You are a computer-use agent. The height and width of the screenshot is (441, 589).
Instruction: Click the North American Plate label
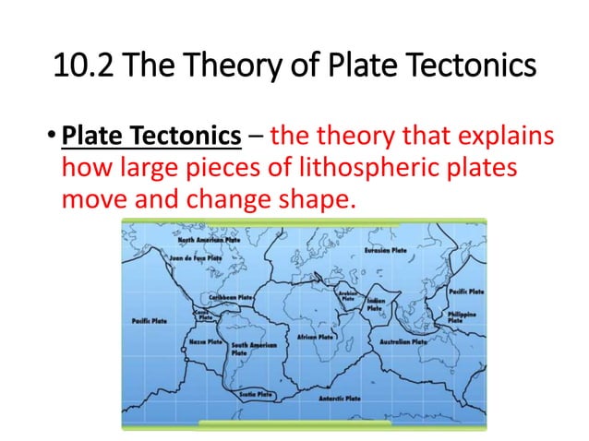tap(209, 239)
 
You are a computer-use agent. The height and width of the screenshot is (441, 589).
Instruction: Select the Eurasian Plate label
tap(387, 250)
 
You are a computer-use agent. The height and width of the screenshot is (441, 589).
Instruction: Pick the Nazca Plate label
tap(206, 341)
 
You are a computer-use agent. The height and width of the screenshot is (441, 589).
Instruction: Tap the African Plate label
tap(317, 337)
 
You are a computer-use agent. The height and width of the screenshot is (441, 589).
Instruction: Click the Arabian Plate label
tap(348, 296)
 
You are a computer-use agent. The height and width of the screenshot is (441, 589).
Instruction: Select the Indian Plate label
tap(376, 304)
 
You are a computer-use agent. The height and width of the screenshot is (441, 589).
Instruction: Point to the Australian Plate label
tap(403, 340)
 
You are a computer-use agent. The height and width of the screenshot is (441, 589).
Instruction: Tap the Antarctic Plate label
tap(339, 399)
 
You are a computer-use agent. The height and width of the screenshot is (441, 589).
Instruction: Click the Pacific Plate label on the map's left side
tap(149, 321)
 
